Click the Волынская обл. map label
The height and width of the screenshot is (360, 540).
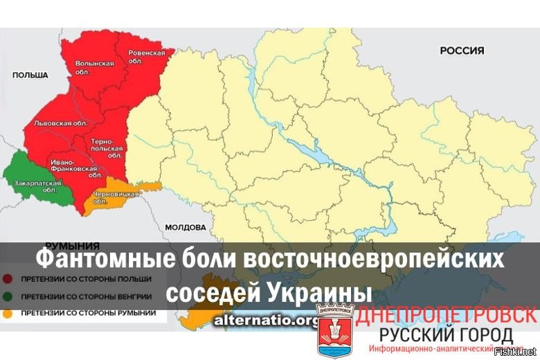tap(94, 68)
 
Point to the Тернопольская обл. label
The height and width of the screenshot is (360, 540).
tap(107, 148)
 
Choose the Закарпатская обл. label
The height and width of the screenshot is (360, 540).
tap(34, 186)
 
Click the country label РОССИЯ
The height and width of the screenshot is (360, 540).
tap(462, 51)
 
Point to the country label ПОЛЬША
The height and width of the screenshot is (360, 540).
tap(29, 75)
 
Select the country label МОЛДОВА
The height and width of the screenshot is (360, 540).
tap(185, 227)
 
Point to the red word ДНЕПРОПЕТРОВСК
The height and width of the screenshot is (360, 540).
tap(447, 314)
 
